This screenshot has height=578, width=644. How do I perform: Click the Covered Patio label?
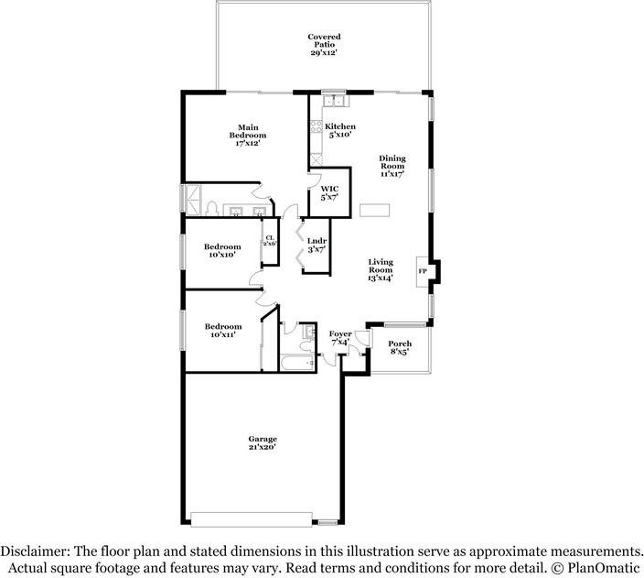(324, 45)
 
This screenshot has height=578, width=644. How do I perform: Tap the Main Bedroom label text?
(247, 135)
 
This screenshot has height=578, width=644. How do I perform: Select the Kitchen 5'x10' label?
(339, 131)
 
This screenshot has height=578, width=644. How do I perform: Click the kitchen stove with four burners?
(316, 127)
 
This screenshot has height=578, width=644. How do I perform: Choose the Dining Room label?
(392, 165)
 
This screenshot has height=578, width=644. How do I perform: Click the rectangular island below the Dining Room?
(373, 211)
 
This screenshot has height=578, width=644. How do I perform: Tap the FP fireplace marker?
(423, 272)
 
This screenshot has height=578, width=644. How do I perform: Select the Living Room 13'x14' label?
(381, 269)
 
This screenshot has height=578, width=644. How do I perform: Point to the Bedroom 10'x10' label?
(222, 251)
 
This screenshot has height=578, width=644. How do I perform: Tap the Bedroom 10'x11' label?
(222, 331)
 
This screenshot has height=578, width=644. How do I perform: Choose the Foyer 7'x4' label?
(339, 337)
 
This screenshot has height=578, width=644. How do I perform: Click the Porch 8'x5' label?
(400, 347)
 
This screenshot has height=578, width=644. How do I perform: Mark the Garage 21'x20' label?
(262, 442)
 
